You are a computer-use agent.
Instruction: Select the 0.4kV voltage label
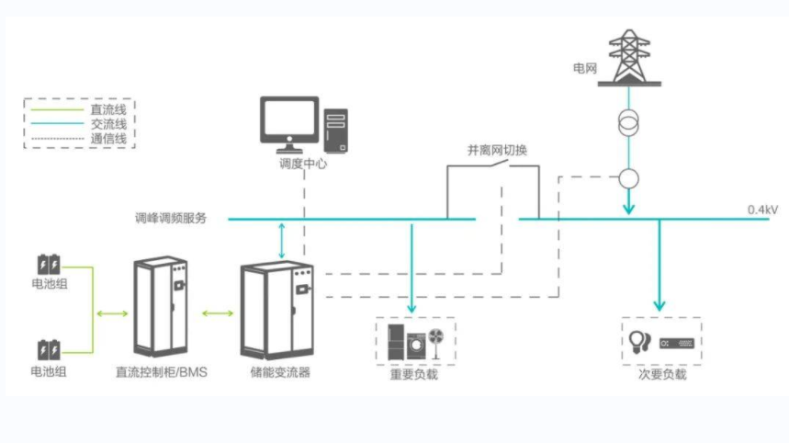tap(762, 210)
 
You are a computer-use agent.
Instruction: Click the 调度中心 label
tap(303, 165)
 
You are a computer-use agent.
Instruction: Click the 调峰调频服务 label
tap(171, 219)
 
